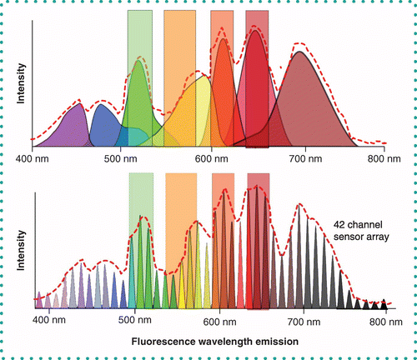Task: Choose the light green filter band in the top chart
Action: (x=139, y=33)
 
